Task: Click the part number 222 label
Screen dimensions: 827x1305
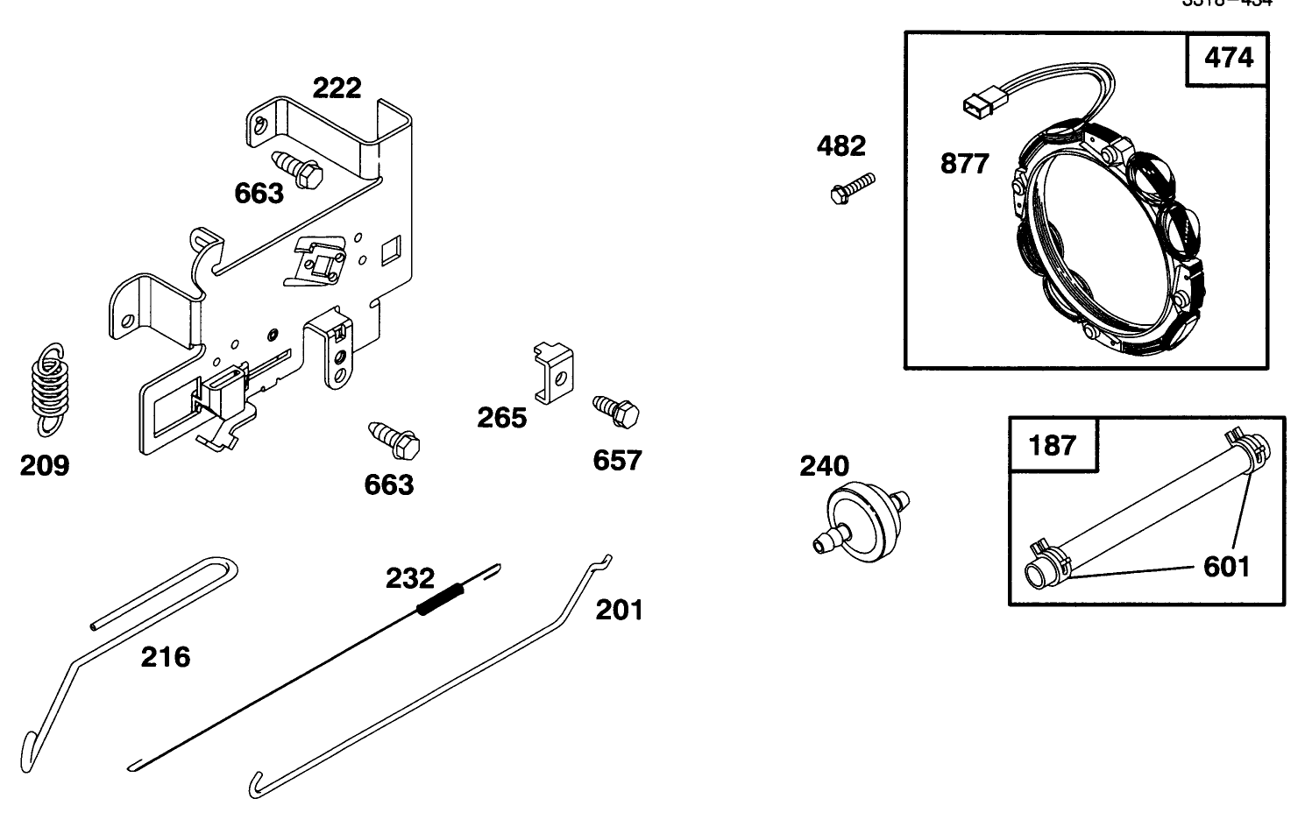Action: click(337, 88)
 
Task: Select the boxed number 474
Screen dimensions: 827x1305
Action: click(1229, 58)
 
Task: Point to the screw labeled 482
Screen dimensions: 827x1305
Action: click(850, 188)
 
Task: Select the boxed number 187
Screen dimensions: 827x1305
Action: click(1052, 445)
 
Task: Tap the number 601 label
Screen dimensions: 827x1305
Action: click(1226, 567)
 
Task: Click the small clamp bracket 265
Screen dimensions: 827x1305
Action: click(552, 372)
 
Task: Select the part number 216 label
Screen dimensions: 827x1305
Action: click(166, 656)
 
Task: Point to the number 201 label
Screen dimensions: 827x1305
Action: click(619, 610)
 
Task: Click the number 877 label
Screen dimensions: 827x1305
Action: click(964, 163)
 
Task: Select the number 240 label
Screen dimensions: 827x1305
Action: click(824, 466)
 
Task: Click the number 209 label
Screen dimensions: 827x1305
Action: click(45, 464)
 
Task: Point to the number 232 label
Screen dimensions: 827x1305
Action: click(410, 578)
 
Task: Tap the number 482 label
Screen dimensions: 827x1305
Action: click(840, 145)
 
